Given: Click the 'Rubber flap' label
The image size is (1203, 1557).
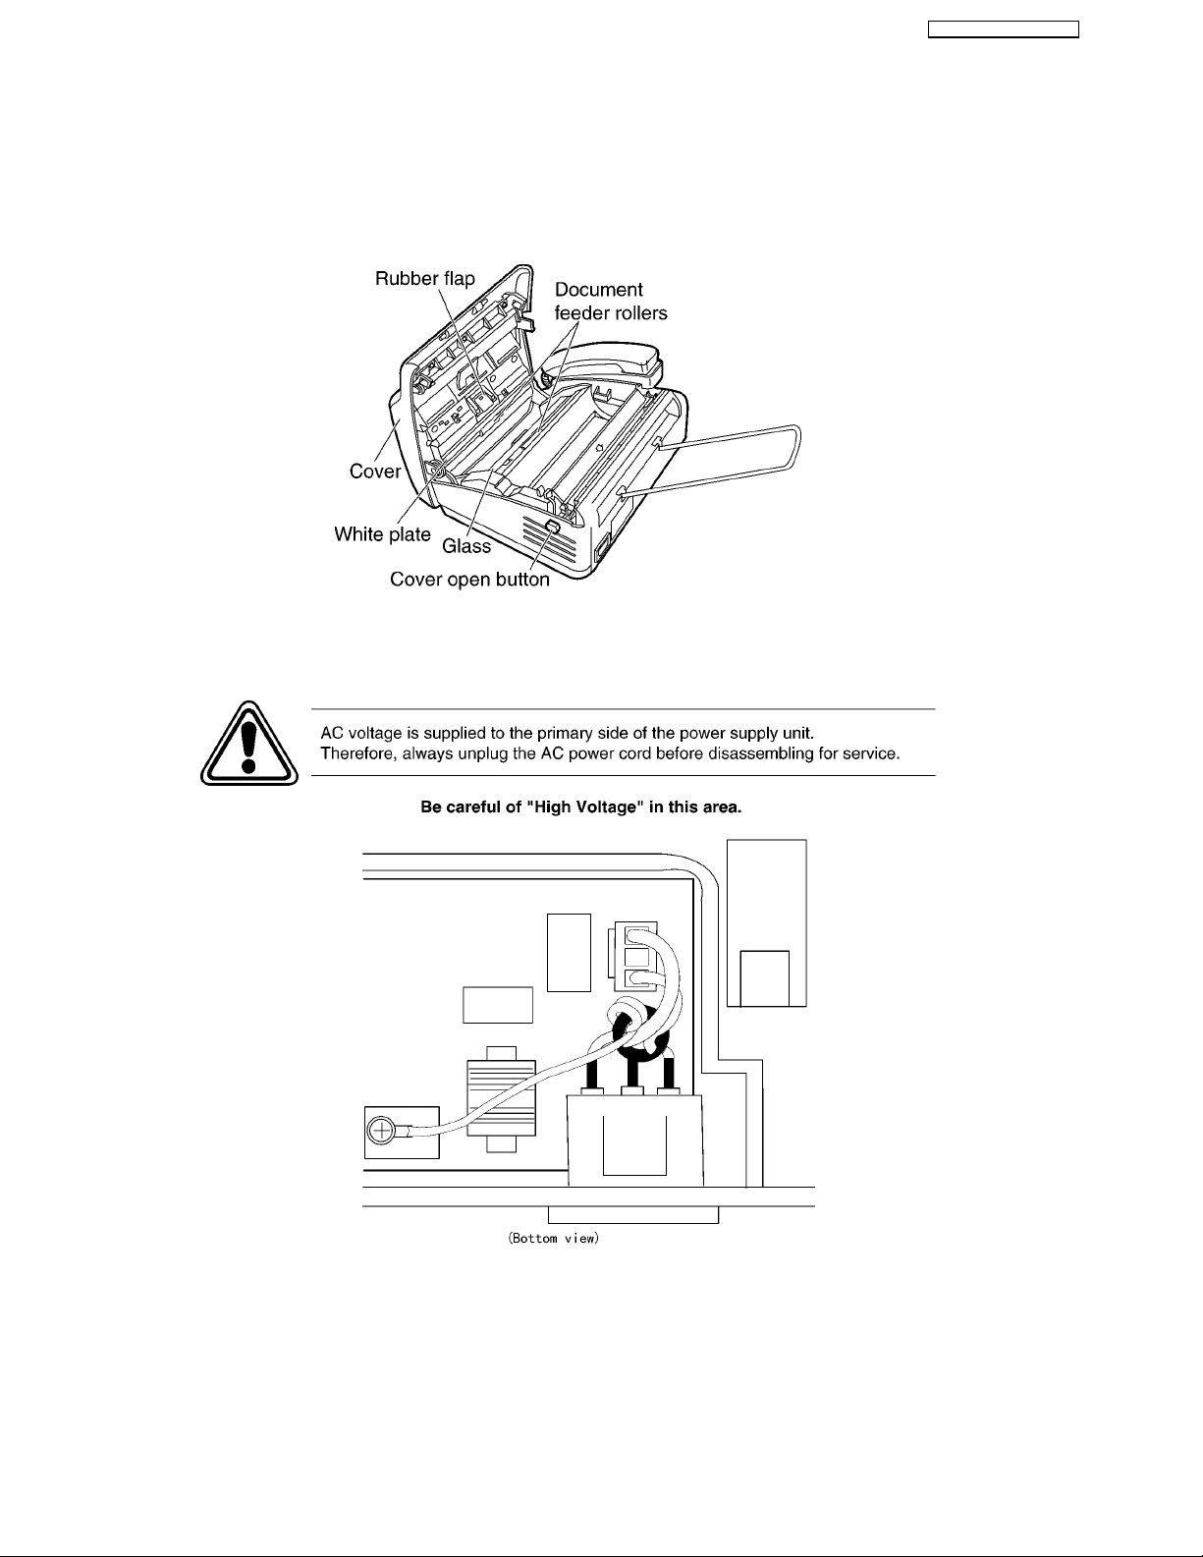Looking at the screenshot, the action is [424, 278].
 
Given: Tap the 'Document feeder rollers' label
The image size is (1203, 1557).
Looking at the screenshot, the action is [611, 301].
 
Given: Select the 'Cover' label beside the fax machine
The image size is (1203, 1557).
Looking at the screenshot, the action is [375, 471].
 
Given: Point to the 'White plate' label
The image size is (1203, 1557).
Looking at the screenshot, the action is [382, 534].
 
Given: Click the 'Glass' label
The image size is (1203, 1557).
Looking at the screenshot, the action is [466, 547].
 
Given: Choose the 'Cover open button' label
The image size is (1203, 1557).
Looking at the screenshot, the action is [469, 579].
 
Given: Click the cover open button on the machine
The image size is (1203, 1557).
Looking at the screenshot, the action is [553, 527].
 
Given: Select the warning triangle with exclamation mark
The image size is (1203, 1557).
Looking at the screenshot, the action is [249, 744].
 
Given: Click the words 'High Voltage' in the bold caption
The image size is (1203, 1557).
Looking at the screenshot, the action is [581, 806].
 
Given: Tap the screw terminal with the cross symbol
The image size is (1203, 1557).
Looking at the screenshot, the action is [380, 1132].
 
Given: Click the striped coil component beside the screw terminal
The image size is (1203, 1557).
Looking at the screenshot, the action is [501, 1098].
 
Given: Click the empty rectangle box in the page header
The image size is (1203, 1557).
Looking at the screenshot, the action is [1004, 29].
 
